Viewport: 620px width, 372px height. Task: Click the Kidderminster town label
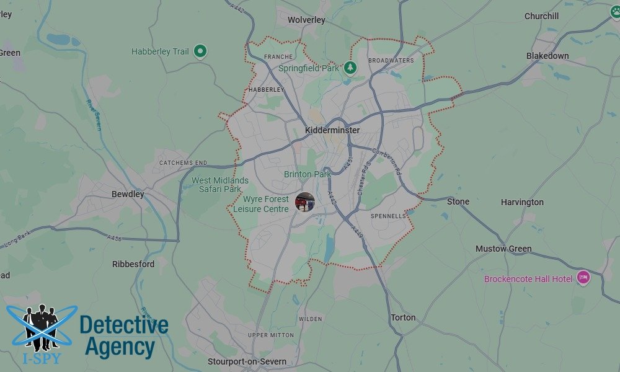[332, 130]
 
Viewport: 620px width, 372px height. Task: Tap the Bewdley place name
[128, 194]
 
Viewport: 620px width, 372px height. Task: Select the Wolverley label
[306, 20]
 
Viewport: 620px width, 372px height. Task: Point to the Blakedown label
[547, 56]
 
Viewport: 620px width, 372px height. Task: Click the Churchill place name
[541, 16]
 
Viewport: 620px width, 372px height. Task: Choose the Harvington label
[522, 202]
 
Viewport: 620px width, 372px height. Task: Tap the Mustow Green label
[503, 249]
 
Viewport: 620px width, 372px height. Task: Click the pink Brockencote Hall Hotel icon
[583, 278]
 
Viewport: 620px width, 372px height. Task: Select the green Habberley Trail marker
[200, 51]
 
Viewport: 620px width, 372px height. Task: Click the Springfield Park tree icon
[350, 67]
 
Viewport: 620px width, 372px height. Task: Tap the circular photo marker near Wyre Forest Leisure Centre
[305, 201]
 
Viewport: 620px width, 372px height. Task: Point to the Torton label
[403, 317]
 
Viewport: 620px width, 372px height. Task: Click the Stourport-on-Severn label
[247, 361]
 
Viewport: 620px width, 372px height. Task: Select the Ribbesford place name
[133, 264]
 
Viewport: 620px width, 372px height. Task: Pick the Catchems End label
[183, 163]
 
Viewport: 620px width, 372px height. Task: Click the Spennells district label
[388, 216]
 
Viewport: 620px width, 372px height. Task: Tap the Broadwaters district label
[391, 61]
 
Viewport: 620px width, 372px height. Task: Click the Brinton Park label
[307, 174]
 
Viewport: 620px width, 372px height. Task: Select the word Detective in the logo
[124, 325]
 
